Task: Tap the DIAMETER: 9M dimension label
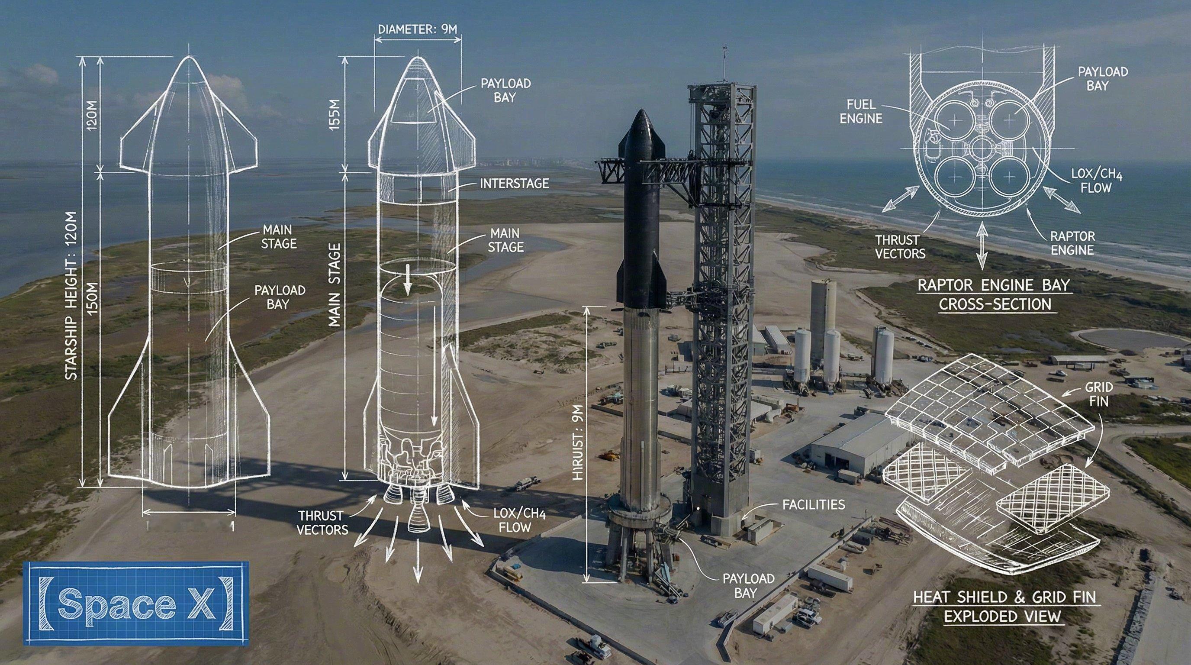tap(418, 29)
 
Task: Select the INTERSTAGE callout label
tap(514, 184)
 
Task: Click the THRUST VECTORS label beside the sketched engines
tap(322, 522)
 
